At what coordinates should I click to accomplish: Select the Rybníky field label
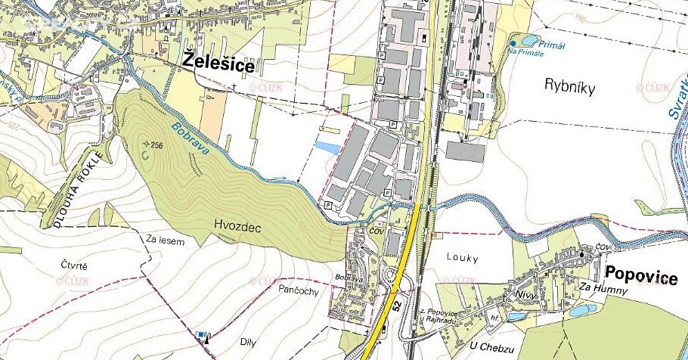[570, 88]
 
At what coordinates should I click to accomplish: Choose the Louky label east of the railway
[462, 259]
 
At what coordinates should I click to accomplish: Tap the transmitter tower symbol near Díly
[203, 336]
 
